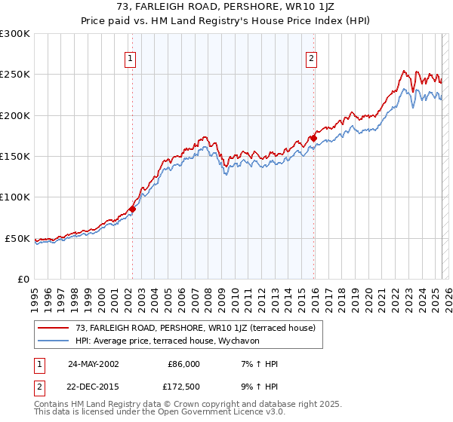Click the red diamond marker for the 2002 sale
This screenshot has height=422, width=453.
(132, 209)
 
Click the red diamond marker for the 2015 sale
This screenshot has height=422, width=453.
(313, 138)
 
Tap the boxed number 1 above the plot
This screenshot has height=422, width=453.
(131, 58)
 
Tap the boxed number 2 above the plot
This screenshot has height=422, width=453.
(312, 58)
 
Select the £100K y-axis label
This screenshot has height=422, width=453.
(15, 197)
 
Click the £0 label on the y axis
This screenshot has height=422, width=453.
(23, 280)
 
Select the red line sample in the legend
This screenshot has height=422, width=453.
(53, 328)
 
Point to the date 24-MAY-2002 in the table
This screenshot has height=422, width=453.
(93, 364)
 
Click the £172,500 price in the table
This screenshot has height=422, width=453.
(183, 388)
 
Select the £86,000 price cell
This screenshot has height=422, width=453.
(183, 364)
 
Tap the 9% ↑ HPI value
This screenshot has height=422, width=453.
(257, 388)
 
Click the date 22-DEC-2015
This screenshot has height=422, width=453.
(93, 388)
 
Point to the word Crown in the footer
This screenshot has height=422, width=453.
(179, 405)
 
